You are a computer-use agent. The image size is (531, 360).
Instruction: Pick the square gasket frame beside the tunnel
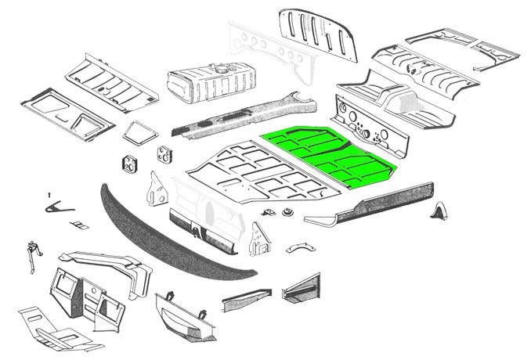click(x=142, y=131)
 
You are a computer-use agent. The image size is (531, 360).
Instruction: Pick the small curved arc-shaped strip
click(x=298, y=247)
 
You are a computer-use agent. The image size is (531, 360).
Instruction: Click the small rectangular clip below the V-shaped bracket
click(x=78, y=225)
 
